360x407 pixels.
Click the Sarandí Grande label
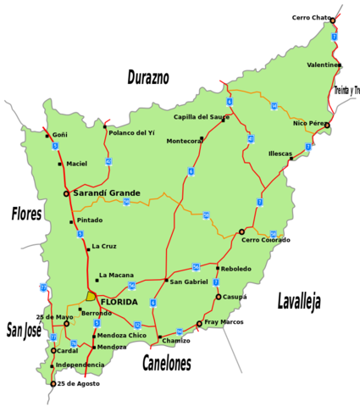[107, 193]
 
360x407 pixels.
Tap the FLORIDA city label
[119, 302]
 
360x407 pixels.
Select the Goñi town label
[59, 135]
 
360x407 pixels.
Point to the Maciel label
[76, 164]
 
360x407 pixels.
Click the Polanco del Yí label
[131, 133]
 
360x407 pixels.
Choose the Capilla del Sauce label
[201, 117]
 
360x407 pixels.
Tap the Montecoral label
[184, 141]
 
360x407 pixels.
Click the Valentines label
[324, 64]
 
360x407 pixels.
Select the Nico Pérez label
[309, 123]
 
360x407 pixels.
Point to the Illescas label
[280, 153]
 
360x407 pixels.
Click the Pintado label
[89, 220]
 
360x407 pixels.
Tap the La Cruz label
[104, 247]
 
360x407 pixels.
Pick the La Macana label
[116, 276]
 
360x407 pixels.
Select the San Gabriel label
[189, 282]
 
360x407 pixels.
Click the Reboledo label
[235, 269]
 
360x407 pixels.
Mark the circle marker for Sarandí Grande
[66, 193]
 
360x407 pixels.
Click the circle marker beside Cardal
[53, 350]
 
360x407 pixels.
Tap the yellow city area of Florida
[91, 297]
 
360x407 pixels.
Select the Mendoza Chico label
[121, 336]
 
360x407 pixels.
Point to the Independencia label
[80, 365]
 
